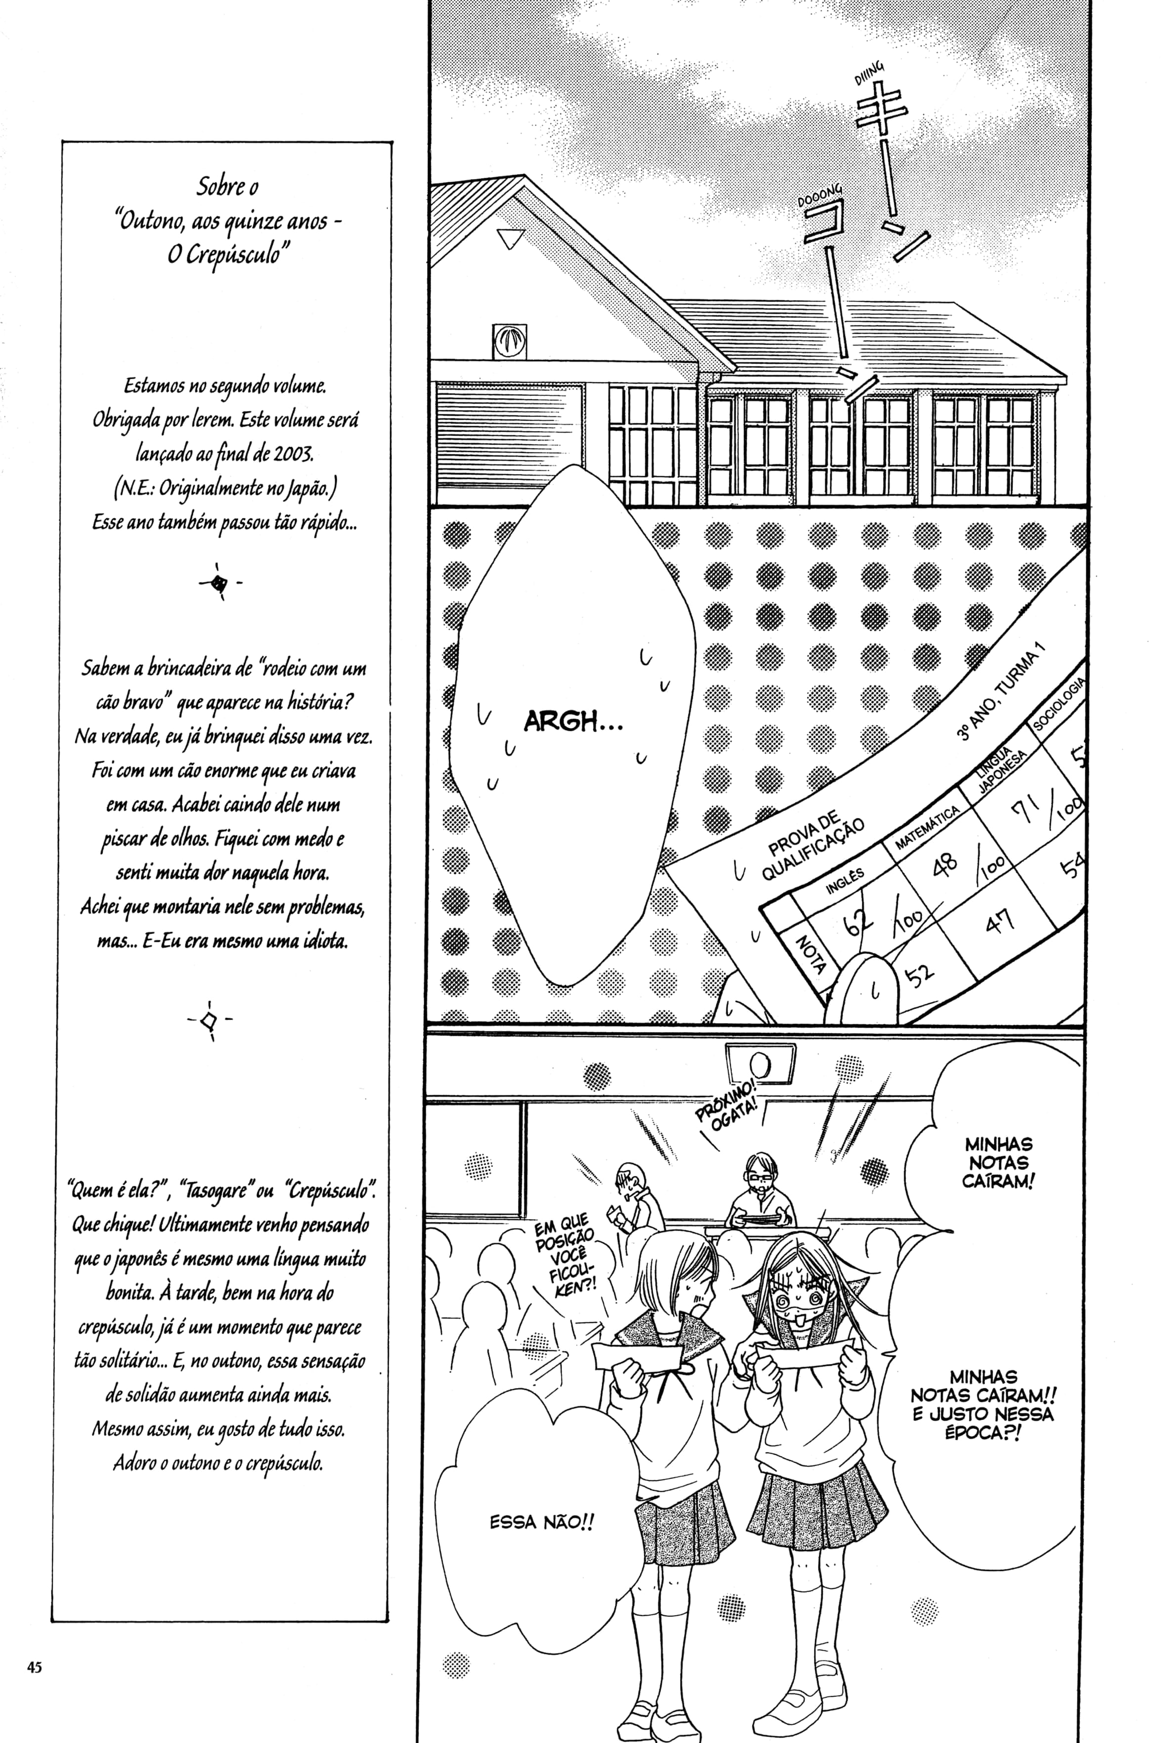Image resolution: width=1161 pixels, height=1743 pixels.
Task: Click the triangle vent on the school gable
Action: point(510,238)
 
